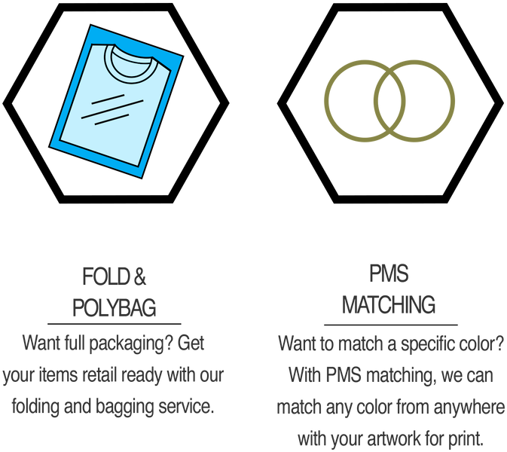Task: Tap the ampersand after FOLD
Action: tap(139, 276)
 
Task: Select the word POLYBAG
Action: tap(115, 307)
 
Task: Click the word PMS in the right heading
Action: tap(389, 273)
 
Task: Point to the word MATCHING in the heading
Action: tap(389, 304)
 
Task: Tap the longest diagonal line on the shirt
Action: tap(112, 109)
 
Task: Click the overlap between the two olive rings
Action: tap(389, 101)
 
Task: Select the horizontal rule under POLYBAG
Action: tap(115, 323)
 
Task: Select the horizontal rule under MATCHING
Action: tap(391, 324)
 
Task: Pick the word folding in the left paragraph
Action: tap(35, 407)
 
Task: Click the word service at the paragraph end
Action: tap(186, 406)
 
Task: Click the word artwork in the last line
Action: tap(394, 438)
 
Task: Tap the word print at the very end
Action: tap(466, 439)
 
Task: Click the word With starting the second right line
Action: tap(305, 375)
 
